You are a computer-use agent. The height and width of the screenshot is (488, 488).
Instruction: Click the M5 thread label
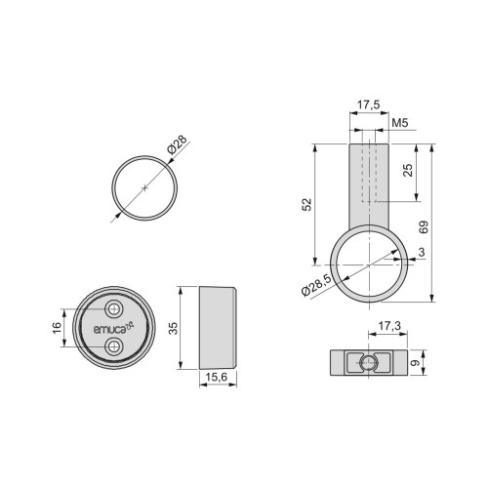point(398,125)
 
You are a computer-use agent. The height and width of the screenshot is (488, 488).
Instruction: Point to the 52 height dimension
point(307,204)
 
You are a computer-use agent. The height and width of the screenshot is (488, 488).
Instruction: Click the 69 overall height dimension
point(424,227)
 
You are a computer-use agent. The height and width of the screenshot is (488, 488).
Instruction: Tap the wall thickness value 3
point(419,254)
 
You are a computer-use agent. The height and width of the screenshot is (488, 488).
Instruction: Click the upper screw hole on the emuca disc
point(116,309)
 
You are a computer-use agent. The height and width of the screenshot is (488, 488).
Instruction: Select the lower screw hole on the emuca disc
point(116,346)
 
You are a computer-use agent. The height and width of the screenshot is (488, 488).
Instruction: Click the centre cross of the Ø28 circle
point(143,185)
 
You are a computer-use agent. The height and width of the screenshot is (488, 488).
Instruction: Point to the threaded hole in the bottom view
point(367,364)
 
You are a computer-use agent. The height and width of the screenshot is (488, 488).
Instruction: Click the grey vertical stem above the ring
point(367,185)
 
